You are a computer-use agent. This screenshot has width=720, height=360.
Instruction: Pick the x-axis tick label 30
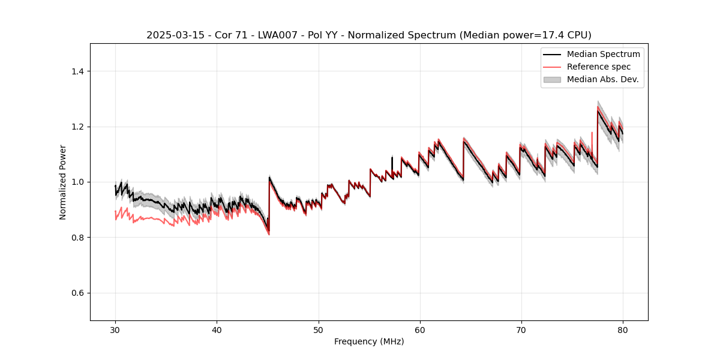(x=116, y=329)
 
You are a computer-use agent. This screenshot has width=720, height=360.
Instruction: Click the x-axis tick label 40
(x=217, y=329)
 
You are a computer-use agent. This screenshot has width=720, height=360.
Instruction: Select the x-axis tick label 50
(x=319, y=329)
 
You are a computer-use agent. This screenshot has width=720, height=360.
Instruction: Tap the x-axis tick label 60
(x=420, y=329)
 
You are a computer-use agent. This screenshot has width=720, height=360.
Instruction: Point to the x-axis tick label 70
(x=521, y=329)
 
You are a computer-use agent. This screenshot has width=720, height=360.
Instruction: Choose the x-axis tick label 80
(x=623, y=329)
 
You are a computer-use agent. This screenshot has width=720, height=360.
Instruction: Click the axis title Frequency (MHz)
(x=369, y=341)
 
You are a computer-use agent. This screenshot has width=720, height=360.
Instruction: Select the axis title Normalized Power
(x=63, y=182)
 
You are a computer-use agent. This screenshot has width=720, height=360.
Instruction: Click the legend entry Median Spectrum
(x=603, y=54)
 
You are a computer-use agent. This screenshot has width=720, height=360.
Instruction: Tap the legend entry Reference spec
(x=598, y=67)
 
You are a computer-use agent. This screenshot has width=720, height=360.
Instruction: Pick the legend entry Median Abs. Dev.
(x=602, y=79)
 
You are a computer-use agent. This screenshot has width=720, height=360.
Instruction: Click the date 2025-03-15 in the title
(x=172, y=35)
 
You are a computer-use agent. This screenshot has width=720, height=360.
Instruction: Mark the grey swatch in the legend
(x=552, y=79)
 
